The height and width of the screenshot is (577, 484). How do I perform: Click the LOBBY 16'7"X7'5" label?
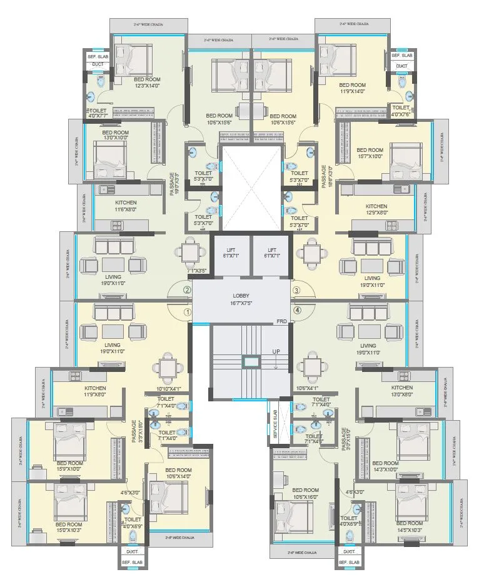[x=241, y=298]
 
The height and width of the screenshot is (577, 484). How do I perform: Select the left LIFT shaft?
[x=231, y=255]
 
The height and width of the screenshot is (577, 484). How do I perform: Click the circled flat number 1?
[x=186, y=311]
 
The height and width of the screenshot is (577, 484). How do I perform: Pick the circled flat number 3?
[x=297, y=290]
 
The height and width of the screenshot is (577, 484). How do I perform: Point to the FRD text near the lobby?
[x=282, y=321]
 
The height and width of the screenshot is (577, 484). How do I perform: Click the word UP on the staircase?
[x=276, y=352]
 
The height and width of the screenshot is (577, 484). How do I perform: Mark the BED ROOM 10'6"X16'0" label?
[x=306, y=493]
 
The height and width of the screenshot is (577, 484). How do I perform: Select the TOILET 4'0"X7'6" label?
[x=400, y=111]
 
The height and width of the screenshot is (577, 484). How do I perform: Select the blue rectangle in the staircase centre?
[x=250, y=361]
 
